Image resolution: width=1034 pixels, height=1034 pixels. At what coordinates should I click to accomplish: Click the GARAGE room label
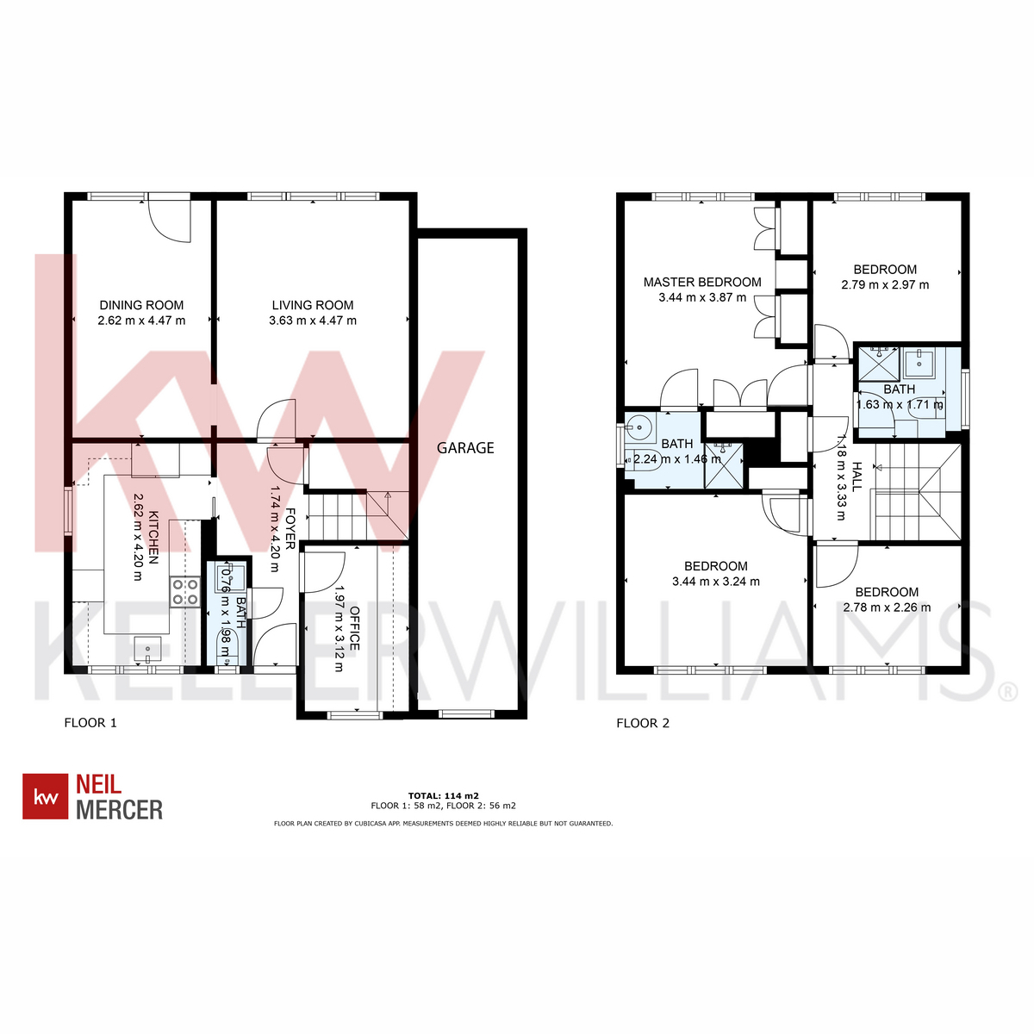tap(464, 447)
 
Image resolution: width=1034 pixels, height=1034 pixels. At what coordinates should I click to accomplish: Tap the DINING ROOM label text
tap(141, 305)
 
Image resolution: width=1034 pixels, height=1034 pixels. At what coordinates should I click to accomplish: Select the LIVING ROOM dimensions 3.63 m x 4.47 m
tap(313, 321)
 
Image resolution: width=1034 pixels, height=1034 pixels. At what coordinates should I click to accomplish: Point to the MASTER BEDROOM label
tap(702, 282)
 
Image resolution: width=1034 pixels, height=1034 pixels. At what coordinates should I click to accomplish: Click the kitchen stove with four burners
tap(185, 592)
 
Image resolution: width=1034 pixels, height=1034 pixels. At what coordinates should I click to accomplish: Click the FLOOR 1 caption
tap(90, 723)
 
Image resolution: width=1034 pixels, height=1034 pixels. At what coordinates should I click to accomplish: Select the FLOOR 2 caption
tap(643, 723)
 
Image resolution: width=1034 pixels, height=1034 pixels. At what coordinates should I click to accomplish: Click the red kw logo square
tap(45, 796)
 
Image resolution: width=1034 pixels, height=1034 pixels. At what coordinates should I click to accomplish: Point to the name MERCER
tap(119, 809)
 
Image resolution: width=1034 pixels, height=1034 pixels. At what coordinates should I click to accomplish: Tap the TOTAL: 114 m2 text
tap(443, 796)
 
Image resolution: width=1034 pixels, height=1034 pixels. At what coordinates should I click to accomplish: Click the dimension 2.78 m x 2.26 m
tap(887, 607)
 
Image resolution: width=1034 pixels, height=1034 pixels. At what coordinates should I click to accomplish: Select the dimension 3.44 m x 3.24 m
tap(716, 581)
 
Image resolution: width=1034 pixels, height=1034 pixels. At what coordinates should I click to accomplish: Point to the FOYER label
tap(290, 528)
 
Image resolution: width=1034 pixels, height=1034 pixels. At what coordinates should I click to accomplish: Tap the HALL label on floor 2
tap(856, 477)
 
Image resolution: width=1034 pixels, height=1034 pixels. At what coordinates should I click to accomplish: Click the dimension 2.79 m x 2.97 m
tap(885, 285)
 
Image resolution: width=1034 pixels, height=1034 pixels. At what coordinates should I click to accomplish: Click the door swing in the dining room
tap(170, 221)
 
